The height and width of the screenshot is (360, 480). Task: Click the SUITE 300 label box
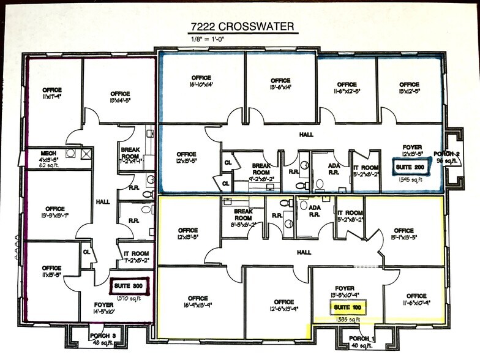coord(127,285)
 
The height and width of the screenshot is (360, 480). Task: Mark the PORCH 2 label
coord(447,154)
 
